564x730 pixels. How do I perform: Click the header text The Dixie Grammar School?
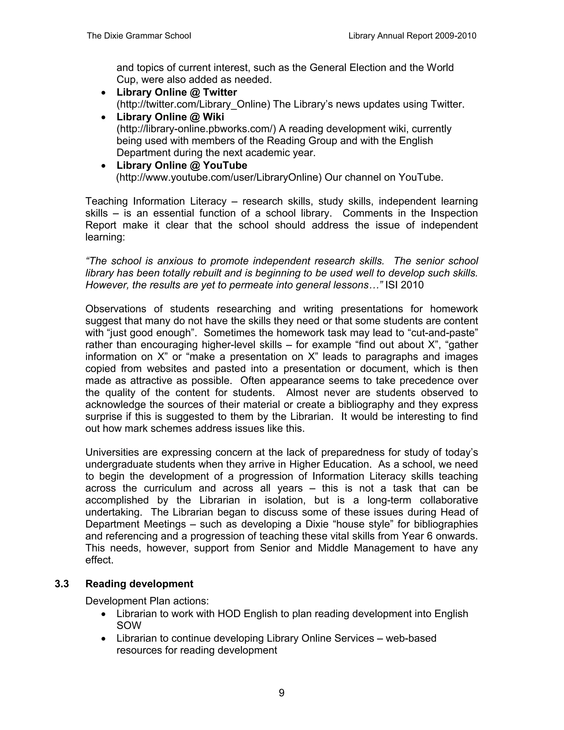[139, 36]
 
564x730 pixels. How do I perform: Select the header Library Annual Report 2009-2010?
[412, 36]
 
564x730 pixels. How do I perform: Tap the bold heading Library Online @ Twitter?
[177, 92]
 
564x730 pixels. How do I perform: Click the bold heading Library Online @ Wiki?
[170, 117]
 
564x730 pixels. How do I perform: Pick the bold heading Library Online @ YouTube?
[182, 165]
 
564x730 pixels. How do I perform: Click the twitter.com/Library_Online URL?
[193, 104]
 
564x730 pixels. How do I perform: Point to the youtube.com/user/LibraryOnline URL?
[219, 177]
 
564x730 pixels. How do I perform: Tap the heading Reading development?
[139, 584]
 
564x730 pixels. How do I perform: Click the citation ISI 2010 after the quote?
[404, 285]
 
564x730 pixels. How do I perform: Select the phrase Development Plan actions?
[147, 601]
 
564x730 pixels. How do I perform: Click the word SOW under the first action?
[129, 625]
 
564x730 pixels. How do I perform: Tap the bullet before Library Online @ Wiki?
[105, 117]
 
